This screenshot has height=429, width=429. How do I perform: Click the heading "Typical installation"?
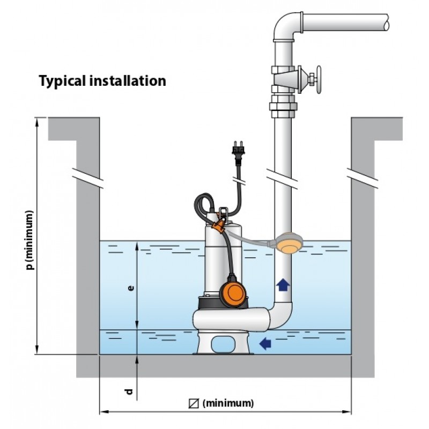pos(102,81)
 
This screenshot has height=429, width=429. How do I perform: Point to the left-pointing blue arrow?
pos(265,343)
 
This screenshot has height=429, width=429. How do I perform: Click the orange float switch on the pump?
pos(234,291)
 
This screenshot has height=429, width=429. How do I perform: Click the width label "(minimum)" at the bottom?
pos(228,403)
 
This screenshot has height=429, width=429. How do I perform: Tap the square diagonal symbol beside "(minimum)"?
pos(195,403)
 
